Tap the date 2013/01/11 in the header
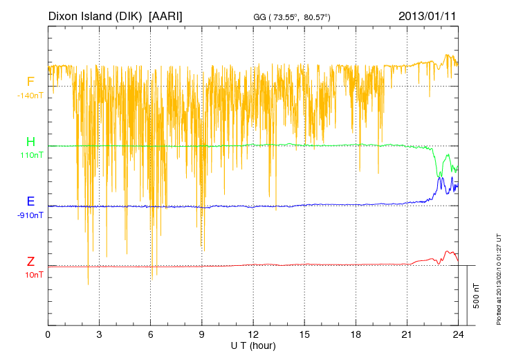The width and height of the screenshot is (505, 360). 427,15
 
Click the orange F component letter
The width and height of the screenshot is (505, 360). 30,82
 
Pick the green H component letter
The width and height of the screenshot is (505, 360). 30,142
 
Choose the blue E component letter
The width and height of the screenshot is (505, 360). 30,202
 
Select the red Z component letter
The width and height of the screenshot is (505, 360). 30,262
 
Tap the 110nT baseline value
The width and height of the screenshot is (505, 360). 30,156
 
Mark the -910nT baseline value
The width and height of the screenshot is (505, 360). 30,215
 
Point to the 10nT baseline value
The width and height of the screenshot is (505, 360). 30,275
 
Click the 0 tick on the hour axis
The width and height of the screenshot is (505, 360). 48,334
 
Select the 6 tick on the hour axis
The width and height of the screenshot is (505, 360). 150,334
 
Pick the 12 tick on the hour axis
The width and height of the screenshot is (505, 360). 252,334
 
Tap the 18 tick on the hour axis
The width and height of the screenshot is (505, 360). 356,334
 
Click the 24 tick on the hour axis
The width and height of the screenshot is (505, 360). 458,334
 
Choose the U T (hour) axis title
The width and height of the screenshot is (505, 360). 252,345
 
